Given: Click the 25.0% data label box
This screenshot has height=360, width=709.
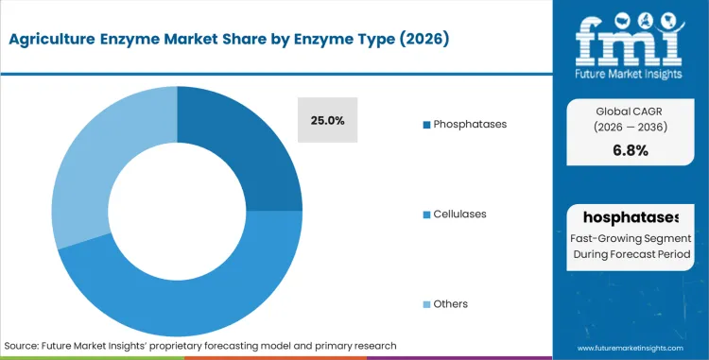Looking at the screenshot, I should (x=327, y=120).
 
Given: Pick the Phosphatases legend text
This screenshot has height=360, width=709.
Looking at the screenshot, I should (x=470, y=125).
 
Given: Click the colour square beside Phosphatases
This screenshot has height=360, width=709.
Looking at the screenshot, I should (x=426, y=125).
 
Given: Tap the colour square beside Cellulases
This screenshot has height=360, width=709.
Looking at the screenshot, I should (x=426, y=214).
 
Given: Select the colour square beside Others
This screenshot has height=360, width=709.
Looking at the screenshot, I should (x=426, y=303).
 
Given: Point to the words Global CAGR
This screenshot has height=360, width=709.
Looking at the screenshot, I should (x=631, y=110).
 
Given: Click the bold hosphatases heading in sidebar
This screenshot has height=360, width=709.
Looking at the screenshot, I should (x=631, y=218).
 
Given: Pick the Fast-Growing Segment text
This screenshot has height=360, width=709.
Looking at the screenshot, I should (x=631, y=240).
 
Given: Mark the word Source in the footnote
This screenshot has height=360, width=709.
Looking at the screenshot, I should (x=24, y=345).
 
